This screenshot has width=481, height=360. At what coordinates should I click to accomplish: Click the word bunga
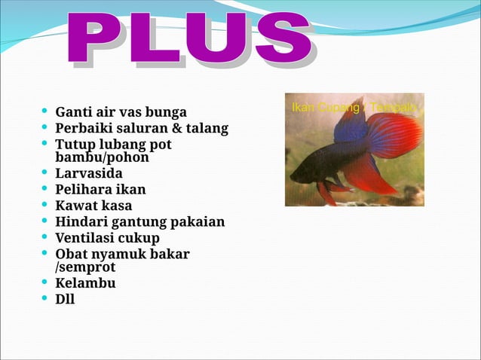(x=166, y=114)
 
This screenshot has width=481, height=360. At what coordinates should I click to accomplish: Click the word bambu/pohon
(x=102, y=158)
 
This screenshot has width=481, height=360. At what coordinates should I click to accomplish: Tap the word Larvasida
(x=89, y=174)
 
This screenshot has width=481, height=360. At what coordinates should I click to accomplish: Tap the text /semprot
(x=85, y=267)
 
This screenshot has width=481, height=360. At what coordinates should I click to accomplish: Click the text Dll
(x=65, y=299)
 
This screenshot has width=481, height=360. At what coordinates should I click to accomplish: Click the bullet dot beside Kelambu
(x=45, y=282)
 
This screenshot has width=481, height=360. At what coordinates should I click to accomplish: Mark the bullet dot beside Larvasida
(x=45, y=173)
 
